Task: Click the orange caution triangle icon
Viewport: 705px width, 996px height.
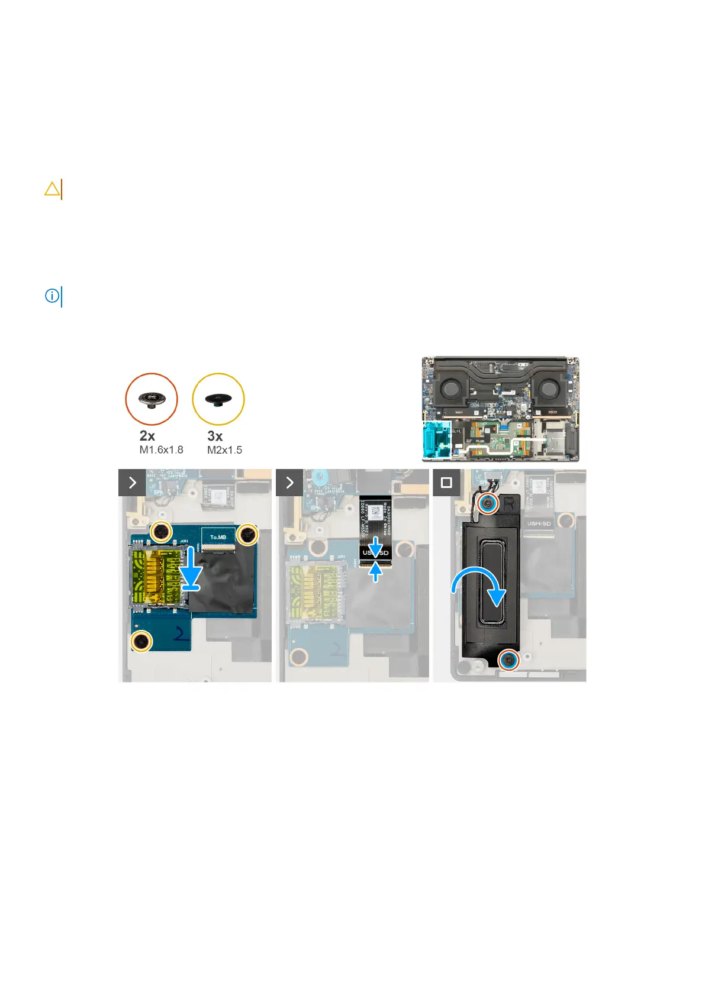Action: click(x=52, y=189)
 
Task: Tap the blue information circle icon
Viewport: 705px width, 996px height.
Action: click(x=52, y=296)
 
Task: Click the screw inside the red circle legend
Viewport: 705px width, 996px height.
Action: click(x=152, y=399)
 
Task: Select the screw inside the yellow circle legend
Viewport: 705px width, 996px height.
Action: click(x=218, y=400)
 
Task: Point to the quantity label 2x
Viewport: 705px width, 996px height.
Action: click(x=147, y=436)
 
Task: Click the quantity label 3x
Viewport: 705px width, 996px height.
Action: click(x=215, y=436)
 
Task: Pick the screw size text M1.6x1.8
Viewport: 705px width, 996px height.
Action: click(x=161, y=450)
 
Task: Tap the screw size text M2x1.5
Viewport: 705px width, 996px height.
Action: click(x=224, y=450)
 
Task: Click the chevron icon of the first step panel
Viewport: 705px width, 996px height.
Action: click(x=132, y=483)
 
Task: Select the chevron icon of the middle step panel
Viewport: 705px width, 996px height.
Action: click(x=289, y=483)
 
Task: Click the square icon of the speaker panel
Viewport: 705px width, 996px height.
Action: click(x=446, y=483)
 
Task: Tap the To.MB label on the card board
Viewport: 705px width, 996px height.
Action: click(x=218, y=537)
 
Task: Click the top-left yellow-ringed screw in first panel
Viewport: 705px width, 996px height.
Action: click(x=160, y=532)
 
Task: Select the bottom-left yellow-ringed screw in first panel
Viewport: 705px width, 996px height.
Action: click(x=141, y=641)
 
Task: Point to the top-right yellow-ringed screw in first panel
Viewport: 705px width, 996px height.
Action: click(x=247, y=535)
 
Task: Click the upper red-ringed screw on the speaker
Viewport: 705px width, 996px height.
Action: click(x=487, y=503)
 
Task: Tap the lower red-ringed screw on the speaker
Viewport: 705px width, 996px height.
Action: click(x=508, y=660)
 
